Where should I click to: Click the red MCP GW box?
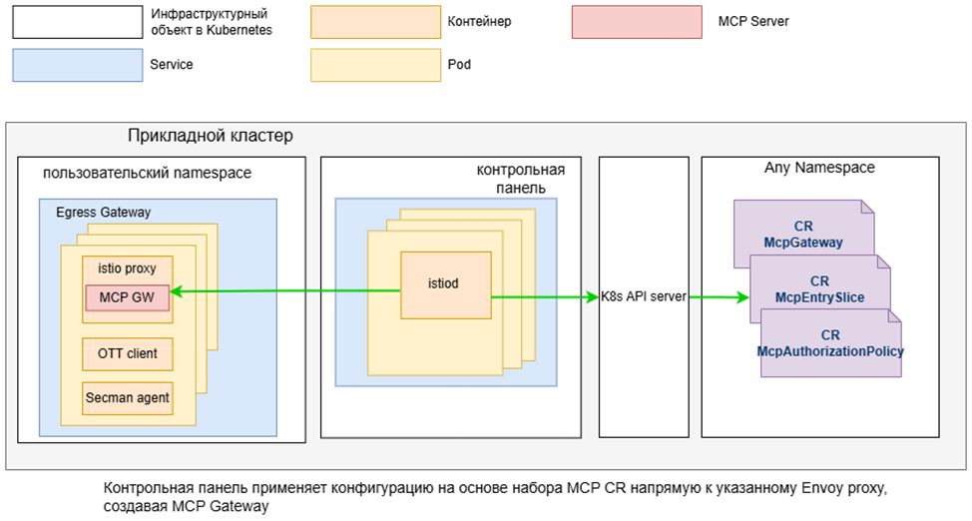click(127, 297)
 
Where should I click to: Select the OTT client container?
click(127, 354)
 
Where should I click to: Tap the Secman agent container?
click(127, 398)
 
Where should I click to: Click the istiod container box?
click(446, 285)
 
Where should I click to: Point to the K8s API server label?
click(644, 296)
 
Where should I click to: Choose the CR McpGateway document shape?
click(804, 234)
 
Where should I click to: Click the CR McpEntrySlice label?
click(819, 289)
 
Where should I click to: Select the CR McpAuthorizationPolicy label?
click(830, 343)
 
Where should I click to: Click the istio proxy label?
click(127, 268)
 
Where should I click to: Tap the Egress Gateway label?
click(104, 213)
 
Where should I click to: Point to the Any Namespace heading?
click(819, 168)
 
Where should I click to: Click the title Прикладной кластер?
click(211, 136)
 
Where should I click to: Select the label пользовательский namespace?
click(147, 173)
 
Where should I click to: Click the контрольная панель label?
click(521, 179)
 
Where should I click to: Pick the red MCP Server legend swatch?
click(638, 22)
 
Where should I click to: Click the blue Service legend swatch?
click(78, 65)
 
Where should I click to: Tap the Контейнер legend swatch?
click(375, 22)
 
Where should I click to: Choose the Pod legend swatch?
click(375, 65)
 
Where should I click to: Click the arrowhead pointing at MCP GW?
click(177, 290)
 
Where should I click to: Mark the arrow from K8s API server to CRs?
click(720, 297)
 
